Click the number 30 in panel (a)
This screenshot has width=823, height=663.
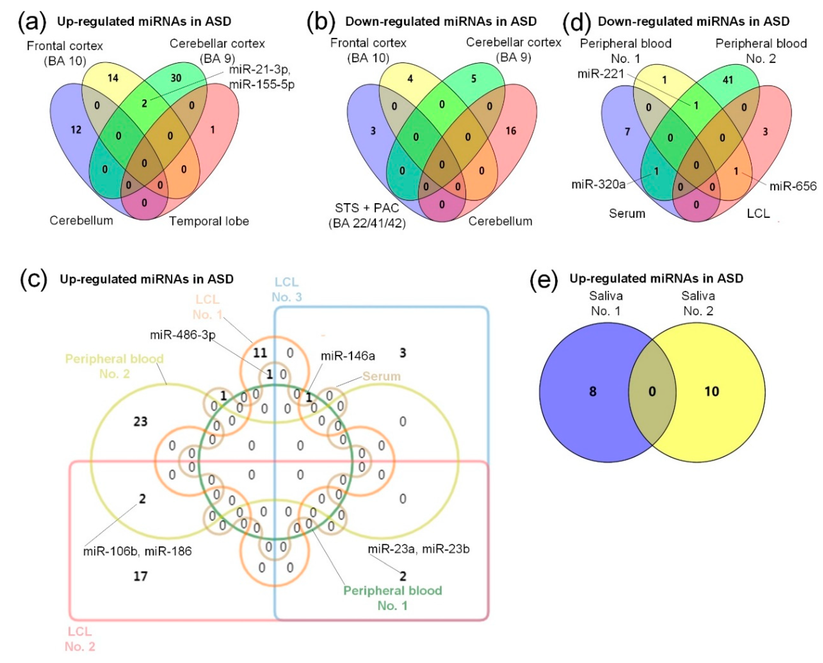[176, 78]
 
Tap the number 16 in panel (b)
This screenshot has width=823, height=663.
[511, 131]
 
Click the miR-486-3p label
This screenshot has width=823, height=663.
[183, 335]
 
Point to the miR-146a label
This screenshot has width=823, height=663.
[348, 356]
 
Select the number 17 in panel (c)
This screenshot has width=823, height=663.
[140, 576]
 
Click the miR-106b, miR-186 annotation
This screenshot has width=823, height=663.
[138, 551]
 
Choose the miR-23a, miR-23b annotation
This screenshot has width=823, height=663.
[418, 549]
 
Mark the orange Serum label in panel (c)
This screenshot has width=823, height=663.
[381, 376]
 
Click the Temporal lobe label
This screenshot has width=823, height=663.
[209, 221]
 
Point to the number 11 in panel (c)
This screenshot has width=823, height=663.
[260, 353]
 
